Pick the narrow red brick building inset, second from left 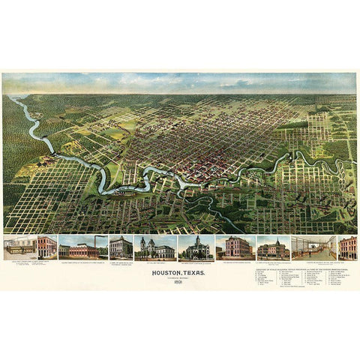(x=46, y=247)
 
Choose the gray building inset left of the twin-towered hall (x=121, y=247)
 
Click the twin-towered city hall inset (x=155, y=248)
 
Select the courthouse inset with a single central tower (x=196, y=248)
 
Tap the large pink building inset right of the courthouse (x=234, y=248)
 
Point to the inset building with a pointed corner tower (x=273, y=248)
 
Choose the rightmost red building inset (x=347, y=248)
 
